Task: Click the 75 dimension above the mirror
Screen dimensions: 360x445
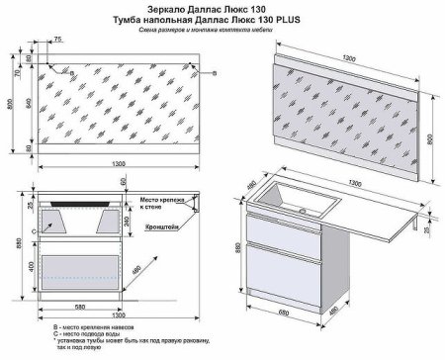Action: [57, 39]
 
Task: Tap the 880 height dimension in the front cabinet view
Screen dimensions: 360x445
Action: [9, 243]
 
